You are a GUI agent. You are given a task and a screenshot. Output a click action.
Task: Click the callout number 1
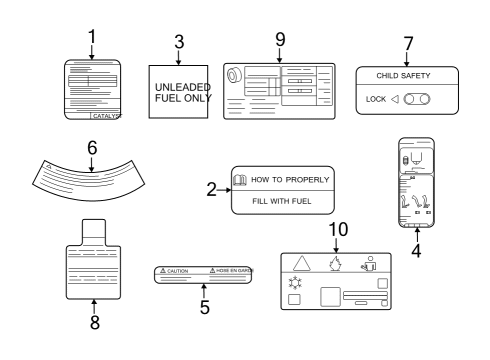click(91, 37)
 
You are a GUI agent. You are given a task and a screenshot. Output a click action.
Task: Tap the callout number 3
click(179, 43)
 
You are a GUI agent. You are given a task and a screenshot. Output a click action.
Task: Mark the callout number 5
click(204, 307)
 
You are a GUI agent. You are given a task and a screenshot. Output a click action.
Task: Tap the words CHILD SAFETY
click(408, 76)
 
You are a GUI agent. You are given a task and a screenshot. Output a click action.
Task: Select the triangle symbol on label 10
click(301, 263)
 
